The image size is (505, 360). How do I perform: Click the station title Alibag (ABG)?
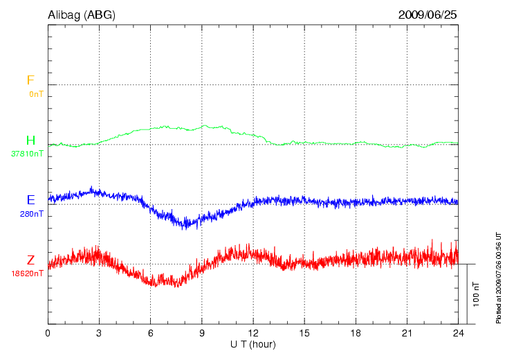(x=81, y=14)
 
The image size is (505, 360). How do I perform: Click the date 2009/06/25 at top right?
(x=428, y=14)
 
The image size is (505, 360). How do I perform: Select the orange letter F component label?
(x=30, y=80)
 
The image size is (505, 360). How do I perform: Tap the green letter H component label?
(x=30, y=141)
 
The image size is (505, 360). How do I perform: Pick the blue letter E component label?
(x=30, y=200)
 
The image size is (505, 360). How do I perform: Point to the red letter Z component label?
(x=30, y=260)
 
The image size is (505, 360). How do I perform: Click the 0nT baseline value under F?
(x=36, y=93)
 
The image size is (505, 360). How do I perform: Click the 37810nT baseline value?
(x=28, y=154)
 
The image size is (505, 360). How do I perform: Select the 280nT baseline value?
(x=32, y=214)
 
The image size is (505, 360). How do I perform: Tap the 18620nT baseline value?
(x=28, y=273)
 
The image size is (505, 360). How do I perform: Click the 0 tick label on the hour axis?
(x=48, y=333)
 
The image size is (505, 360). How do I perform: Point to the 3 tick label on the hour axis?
(x=99, y=333)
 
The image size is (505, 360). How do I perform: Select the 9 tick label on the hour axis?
(x=201, y=333)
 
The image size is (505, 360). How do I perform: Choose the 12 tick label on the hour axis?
(x=253, y=333)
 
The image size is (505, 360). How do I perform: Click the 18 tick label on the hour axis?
(x=356, y=333)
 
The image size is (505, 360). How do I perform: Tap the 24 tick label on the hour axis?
(x=458, y=333)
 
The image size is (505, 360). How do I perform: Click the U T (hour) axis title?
(x=253, y=344)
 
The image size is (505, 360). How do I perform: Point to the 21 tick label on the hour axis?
(x=407, y=333)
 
